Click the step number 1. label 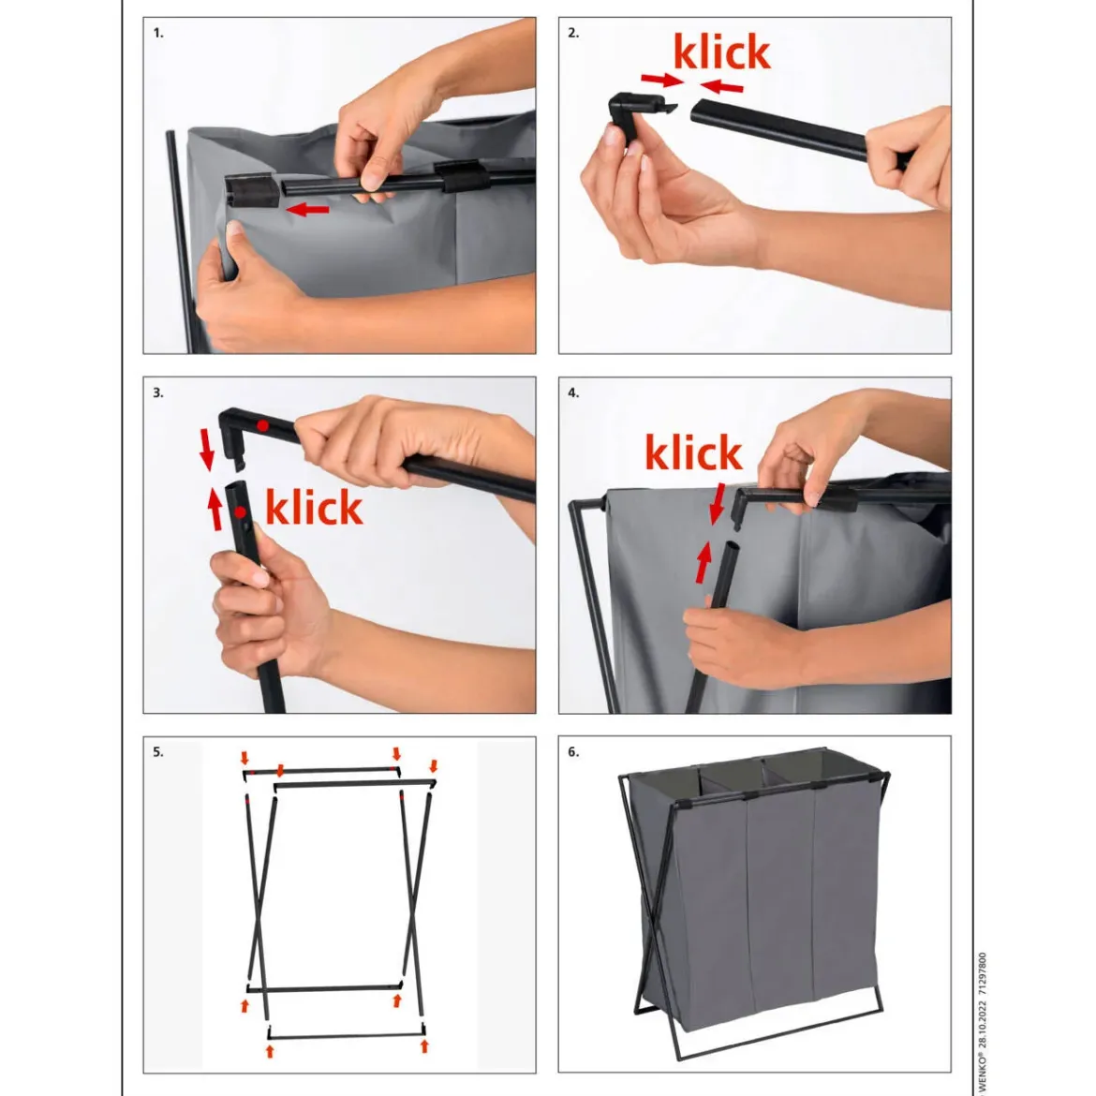click(x=158, y=33)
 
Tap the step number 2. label click(x=573, y=33)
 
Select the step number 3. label click(x=158, y=392)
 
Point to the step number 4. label click(x=573, y=392)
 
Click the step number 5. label click(x=158, y=752)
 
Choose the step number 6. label click(x=573, y=752)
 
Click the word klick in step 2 click(x=721, y=51)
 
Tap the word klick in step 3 click(x=314, y=507)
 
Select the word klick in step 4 click(x=692, y=452)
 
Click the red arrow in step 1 click(x=307, y=208)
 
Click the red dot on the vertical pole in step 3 click(x=241, y=512)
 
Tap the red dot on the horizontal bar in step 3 click(x=262, y=425)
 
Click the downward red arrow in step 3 click(x=207, y=450)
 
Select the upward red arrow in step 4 click(x=704, y=563)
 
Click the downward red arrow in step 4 click(x=718, y=504)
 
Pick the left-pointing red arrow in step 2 click(x=721, y=87)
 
